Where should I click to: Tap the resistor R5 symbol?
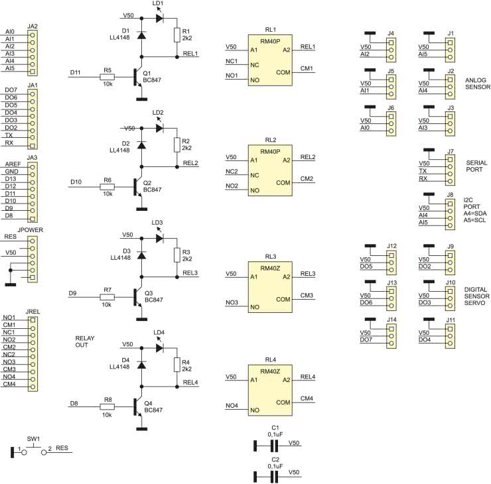click(x=107, y=78)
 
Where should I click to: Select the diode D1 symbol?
click(x=141, y=33)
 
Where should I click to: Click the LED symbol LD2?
click(x=159, y=128)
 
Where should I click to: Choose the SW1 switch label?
click(x=33, y=438)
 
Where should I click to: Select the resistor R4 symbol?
click(x=177, y=365)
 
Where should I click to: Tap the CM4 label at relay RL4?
click(x=307, y=398)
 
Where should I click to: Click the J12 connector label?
click(x=392, y=247)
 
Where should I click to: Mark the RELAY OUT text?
click(x=86, y=341)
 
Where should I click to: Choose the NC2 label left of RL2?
click(x=232, y=171)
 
